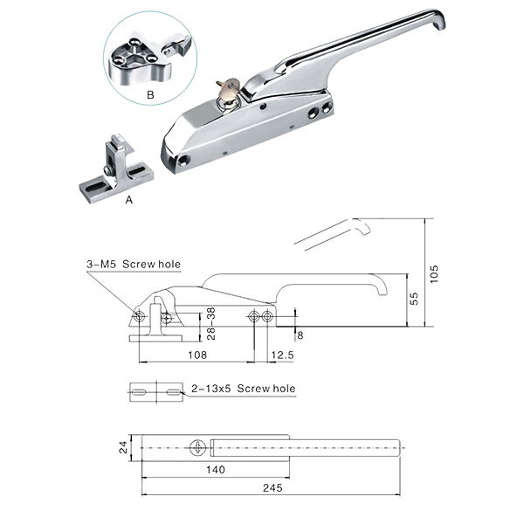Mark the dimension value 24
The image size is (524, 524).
pos(123,448)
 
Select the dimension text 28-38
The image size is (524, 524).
pos(210,322)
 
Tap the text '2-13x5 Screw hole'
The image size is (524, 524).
pos(243,388)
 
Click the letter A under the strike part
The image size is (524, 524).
pos(129,199)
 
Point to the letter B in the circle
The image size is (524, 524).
pos(150,93)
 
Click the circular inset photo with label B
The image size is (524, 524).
pos(149,60)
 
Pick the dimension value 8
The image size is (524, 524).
pos(300,333)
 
